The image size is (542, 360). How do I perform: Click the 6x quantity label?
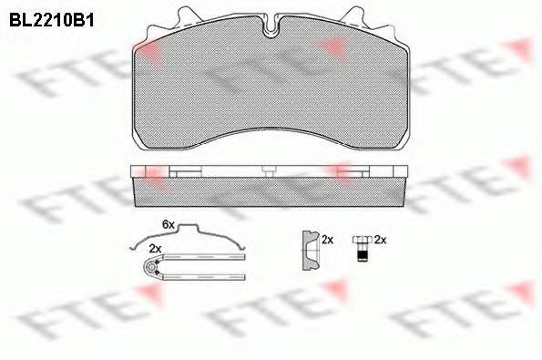click(x=168, y=224)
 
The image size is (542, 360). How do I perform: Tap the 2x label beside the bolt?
click(x=381, y=240)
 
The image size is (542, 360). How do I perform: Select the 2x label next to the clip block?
click(x=328, y=240)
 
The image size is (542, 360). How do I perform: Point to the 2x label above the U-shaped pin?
click(x=155, y=248)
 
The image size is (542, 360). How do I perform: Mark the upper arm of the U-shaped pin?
click(x=205, y=257)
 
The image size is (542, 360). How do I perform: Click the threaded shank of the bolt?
click(x=361, y=254)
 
